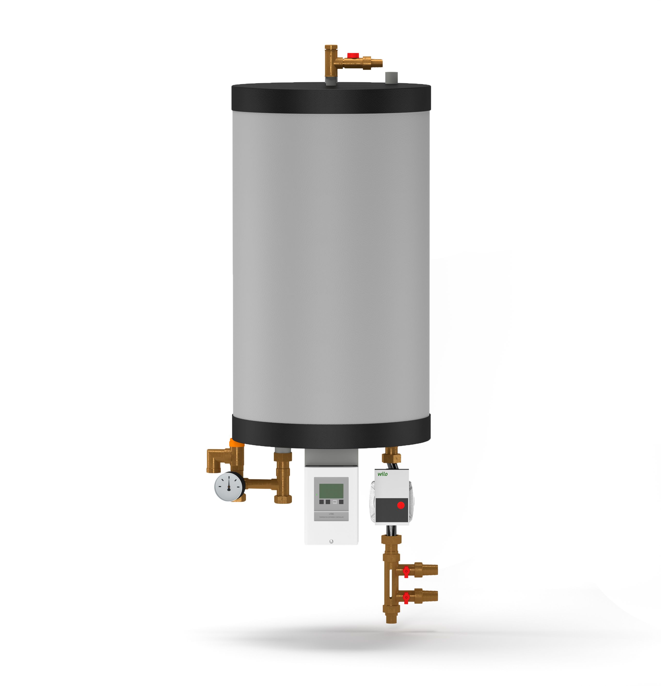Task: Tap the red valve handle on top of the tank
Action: (x=353, y=55)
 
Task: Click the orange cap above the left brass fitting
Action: (x=236, y=443)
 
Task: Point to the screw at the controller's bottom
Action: (x=331, y=541)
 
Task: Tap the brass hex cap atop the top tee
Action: (x=331, y=48)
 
